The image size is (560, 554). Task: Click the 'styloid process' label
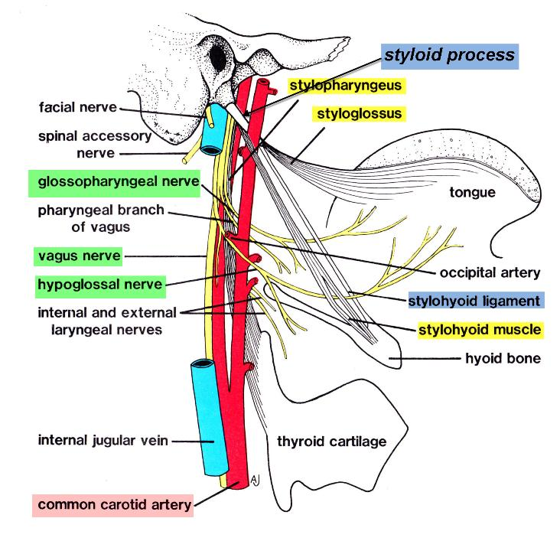click(x=451, y=56)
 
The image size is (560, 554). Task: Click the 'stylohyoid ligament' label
click(x=475, y=301)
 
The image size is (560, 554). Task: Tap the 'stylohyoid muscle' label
click(x=480, y=331)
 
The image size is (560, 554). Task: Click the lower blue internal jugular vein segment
click(x=207, y=417)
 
